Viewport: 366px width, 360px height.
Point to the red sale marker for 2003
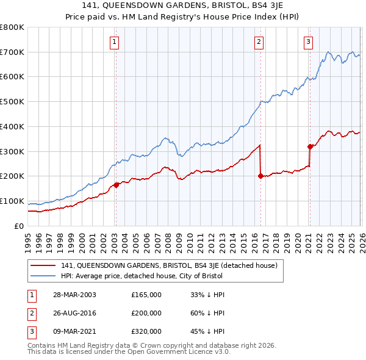[x=116, y=184]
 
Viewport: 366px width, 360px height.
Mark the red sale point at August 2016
[x=260, y=176]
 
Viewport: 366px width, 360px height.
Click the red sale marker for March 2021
[x=310, y=146]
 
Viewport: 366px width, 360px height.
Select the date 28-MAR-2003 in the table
[x=74, y=295]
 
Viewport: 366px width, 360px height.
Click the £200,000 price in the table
[x=146, y=313]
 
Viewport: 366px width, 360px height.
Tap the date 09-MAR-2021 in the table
[x=74, y=331]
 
